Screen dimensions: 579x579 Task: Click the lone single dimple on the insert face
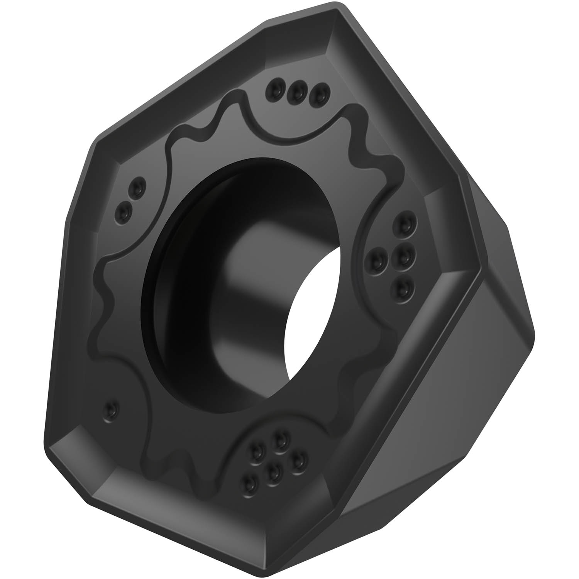111,408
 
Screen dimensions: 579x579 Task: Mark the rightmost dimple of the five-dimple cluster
299,459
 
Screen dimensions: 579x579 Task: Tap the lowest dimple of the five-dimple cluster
251,481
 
